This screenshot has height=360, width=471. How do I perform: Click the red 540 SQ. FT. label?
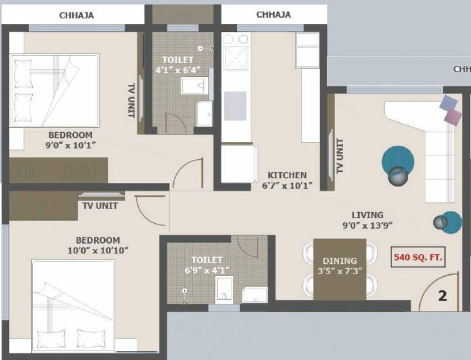click(418, 257)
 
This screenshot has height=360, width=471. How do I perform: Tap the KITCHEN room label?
click(288, 175)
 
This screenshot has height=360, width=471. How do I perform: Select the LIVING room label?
click(368, 215)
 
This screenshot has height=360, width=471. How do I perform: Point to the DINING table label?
click(340, 261)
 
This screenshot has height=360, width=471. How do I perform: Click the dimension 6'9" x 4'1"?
click(207, 270)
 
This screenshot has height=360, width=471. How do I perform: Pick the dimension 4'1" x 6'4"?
click(178, 70)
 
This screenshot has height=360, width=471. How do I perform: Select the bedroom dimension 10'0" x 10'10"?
click(98, 250)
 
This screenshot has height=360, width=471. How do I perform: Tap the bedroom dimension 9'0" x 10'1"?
click(71, 145)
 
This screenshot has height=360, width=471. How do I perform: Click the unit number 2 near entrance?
click(442, 296)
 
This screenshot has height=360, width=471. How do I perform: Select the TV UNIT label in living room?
click(340, 156)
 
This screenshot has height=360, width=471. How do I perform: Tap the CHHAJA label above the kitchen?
click(273, 15)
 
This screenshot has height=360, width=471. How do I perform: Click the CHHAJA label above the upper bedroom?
click(76, 15)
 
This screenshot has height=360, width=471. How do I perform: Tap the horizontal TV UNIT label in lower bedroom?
click(100, 205)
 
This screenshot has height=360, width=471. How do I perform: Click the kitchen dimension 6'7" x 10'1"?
click(287, 186)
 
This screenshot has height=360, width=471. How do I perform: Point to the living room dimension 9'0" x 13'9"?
click(368, 225)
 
